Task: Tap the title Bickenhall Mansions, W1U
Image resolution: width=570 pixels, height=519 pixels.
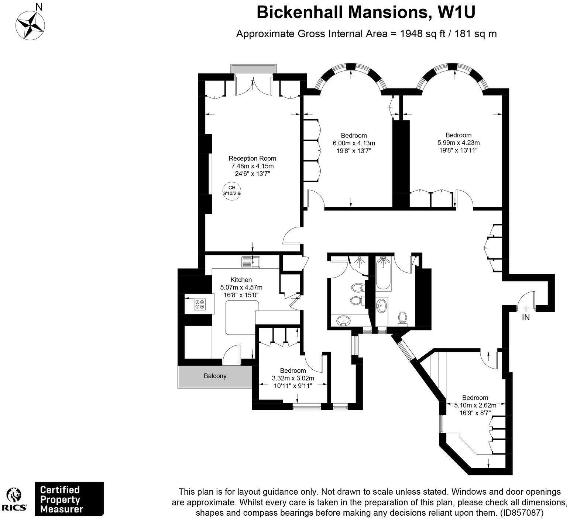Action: [x=365, y=12]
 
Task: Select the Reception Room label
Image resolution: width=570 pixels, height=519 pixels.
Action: [x=252, y=159]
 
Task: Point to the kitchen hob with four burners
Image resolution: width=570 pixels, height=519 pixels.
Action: [x=200, y=304]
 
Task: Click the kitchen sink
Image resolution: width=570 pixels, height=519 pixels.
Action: [x=251, y=262]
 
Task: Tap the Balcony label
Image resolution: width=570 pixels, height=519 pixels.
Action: [x=215, y=376]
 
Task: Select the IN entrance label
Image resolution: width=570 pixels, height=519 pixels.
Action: [x=526, y=317]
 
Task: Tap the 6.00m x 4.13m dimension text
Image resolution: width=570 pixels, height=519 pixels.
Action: [x=354, y=143]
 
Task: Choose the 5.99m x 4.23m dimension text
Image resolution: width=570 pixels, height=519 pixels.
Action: [x=458, y=143]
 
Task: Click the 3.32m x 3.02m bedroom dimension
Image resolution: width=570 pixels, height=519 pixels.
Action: [x=293, y=378]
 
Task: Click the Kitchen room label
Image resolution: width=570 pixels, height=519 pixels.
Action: [x=241, y=280]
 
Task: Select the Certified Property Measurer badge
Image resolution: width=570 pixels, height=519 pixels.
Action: [x=69, y=499]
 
